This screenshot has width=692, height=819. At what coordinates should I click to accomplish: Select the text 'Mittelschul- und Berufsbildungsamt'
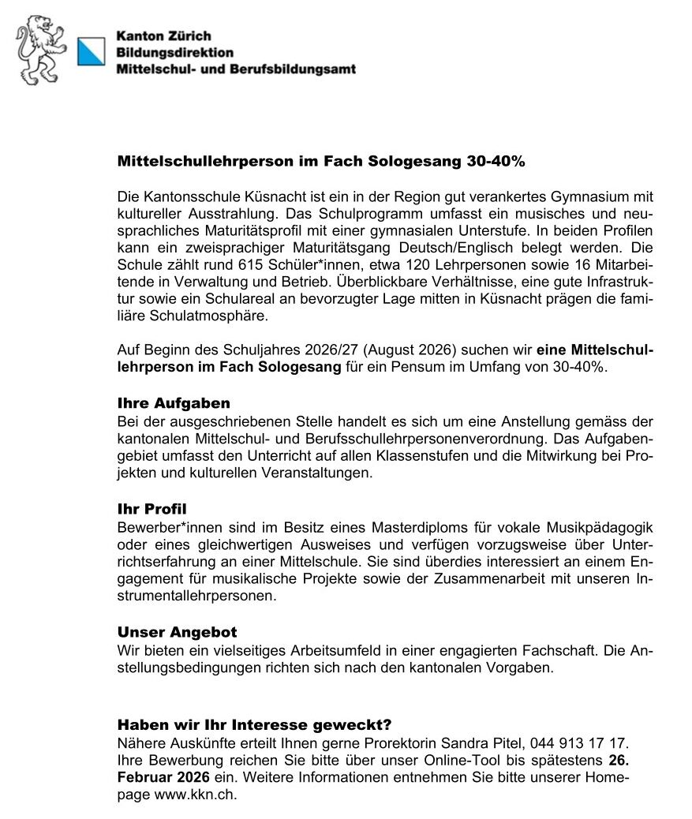pos(235,69)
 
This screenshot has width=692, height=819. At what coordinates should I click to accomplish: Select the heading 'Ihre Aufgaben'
pos(174,403)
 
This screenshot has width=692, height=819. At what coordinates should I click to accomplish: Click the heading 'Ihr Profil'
pos(151,510)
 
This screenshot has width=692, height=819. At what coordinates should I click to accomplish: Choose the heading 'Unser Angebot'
pos(177,632)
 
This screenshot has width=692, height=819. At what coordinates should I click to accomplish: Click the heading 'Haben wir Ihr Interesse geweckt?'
pos(254,724)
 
